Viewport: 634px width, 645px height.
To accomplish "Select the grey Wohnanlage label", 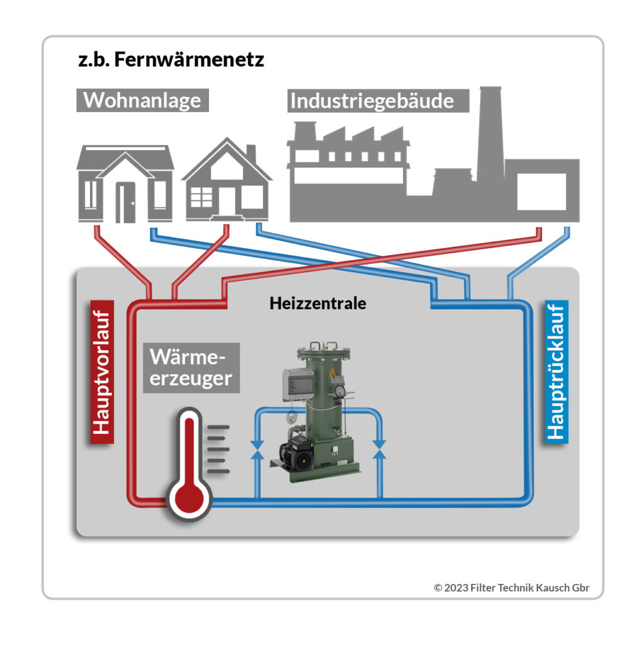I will coord(142,100).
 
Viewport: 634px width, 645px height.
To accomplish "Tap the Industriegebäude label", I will coord(379,101).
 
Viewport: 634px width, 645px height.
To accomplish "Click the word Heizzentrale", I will coord(318,303).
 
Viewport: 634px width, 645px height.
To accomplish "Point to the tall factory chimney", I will coord(489,132).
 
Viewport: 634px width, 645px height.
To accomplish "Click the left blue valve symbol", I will coord(257,449).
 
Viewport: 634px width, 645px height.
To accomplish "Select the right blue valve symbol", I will coord(379,449).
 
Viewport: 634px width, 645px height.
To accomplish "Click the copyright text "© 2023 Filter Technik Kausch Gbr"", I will coord(511,587).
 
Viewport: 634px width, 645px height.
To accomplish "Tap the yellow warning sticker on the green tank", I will coord(330,372).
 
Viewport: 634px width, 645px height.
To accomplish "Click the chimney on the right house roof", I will coord(251,154).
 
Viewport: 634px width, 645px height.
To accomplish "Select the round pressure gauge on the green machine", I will coord(341,392).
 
